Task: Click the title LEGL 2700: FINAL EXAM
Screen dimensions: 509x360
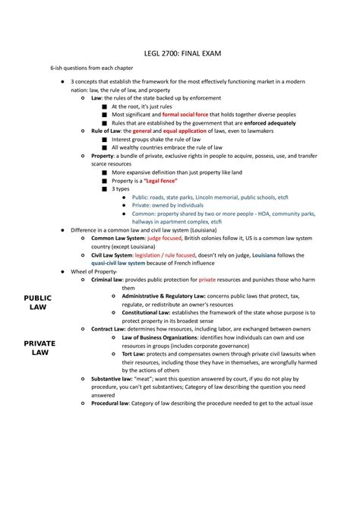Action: pyautogui.click(x=180, y=55)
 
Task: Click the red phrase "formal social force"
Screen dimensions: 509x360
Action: pyautogui.click(x=185, y=114)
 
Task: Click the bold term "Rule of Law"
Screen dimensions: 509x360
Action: pyautogui.click(x=106, y=131)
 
